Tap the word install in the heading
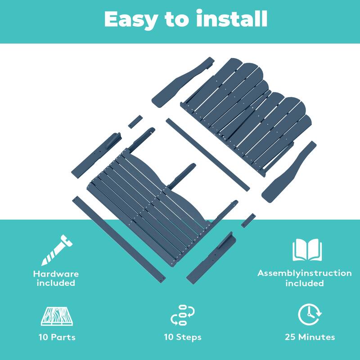coord(231,18)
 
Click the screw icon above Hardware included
coord(57,250)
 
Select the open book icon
coord(307,250)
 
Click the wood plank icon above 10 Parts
coord(57,316)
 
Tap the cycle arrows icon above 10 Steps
coord(183,315)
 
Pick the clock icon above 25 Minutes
coord(310,314)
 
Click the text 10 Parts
coord(57,337)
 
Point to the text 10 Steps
coord(183,337)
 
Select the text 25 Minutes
coord(310,337)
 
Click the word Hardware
coord(56,274)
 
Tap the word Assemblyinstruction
coord(305,273)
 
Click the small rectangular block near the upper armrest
coord(135,122)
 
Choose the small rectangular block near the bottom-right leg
coord(248,220)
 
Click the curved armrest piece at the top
coord(183,82)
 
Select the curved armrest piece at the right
coord(289,172)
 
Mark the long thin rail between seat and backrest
coord(207,155)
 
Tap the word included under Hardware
coord(56,283)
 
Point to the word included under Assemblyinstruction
coord(305,283)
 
